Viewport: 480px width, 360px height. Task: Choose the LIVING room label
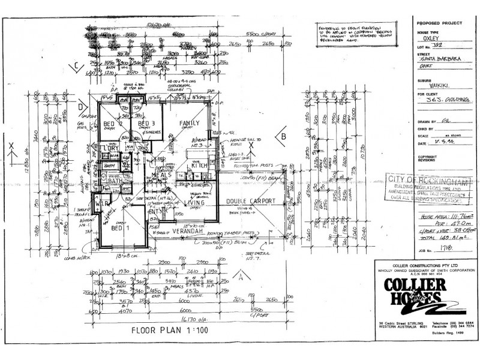click(195, 203)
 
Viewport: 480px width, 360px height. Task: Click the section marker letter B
click(283, 136)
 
